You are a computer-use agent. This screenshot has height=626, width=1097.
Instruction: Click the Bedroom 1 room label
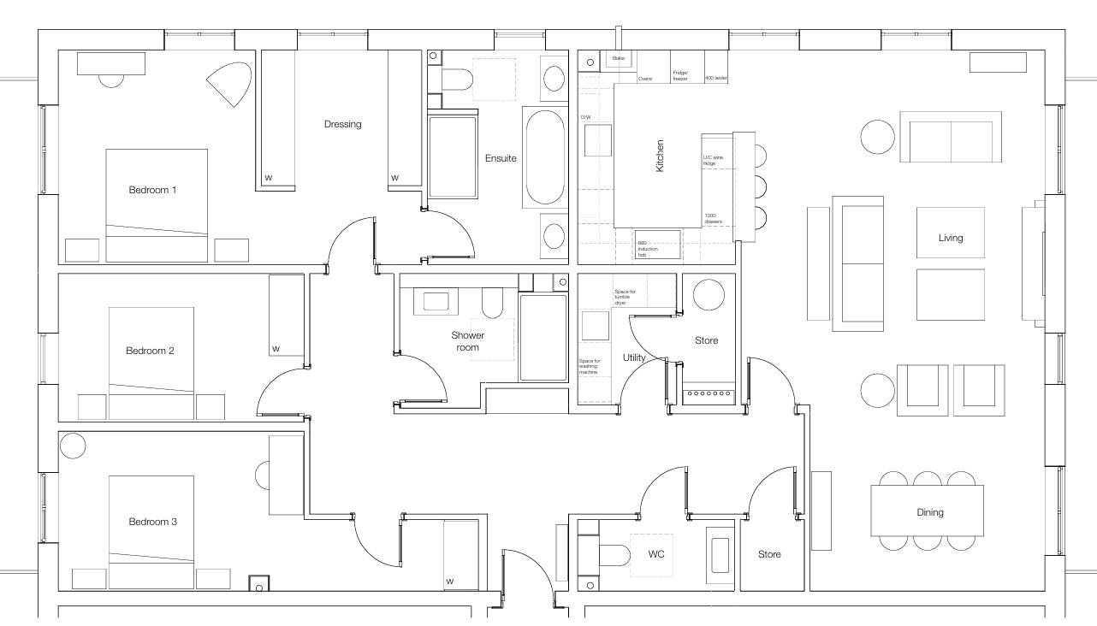152,190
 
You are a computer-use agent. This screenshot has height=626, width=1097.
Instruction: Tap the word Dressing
342,124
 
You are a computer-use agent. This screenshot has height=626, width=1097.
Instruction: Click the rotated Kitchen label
660,156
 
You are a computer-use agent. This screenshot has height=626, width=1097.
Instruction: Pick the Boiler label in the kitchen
619,58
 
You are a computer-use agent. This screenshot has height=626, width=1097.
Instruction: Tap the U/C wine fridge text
713,160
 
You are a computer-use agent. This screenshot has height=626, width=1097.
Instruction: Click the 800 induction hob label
648,249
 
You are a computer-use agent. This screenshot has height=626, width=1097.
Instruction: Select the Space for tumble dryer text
626,297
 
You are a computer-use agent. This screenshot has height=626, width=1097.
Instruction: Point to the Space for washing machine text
590,366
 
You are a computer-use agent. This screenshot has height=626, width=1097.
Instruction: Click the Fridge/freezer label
681,75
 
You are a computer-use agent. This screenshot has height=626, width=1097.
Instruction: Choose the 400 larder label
715,78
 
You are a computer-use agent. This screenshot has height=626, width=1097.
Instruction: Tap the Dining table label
929,512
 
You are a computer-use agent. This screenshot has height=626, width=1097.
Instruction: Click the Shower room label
467,341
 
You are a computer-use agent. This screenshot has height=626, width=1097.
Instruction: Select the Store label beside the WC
769,554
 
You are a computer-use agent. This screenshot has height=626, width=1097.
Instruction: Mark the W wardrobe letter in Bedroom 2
276,349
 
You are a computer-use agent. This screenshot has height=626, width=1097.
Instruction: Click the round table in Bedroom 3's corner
73,446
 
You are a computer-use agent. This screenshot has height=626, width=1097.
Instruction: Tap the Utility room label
634,357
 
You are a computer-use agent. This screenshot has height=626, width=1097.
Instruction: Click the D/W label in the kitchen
586,117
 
